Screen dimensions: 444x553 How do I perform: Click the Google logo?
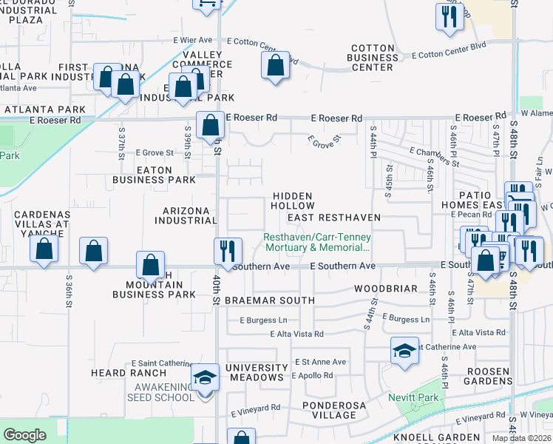point(25,434)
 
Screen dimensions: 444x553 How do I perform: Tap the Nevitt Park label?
point(413,397)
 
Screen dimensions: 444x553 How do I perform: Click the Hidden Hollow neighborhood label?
point(294,201)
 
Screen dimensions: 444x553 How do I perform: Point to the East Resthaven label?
point(333,218)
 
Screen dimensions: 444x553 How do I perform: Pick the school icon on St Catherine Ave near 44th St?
point(404,351)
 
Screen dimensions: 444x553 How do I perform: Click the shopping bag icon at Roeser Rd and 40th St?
point(211,124)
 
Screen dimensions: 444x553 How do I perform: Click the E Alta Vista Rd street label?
point(293,334)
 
